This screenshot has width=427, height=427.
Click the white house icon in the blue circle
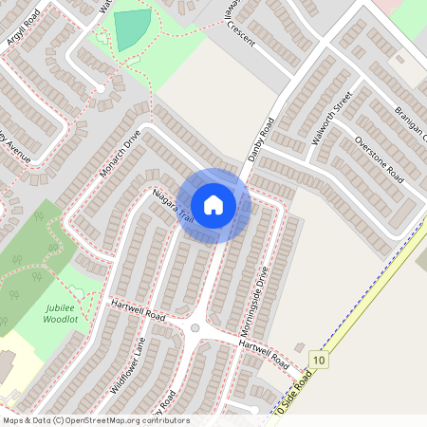pyautogui.click(x=213, y=205)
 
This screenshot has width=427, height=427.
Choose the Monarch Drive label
pyautogui.click(x=120, y=154)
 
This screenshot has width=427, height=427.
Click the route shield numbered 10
pyautogui.click(x=320, y=361)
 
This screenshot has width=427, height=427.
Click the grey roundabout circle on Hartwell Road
pyautogui.click(x=195, y=328)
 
